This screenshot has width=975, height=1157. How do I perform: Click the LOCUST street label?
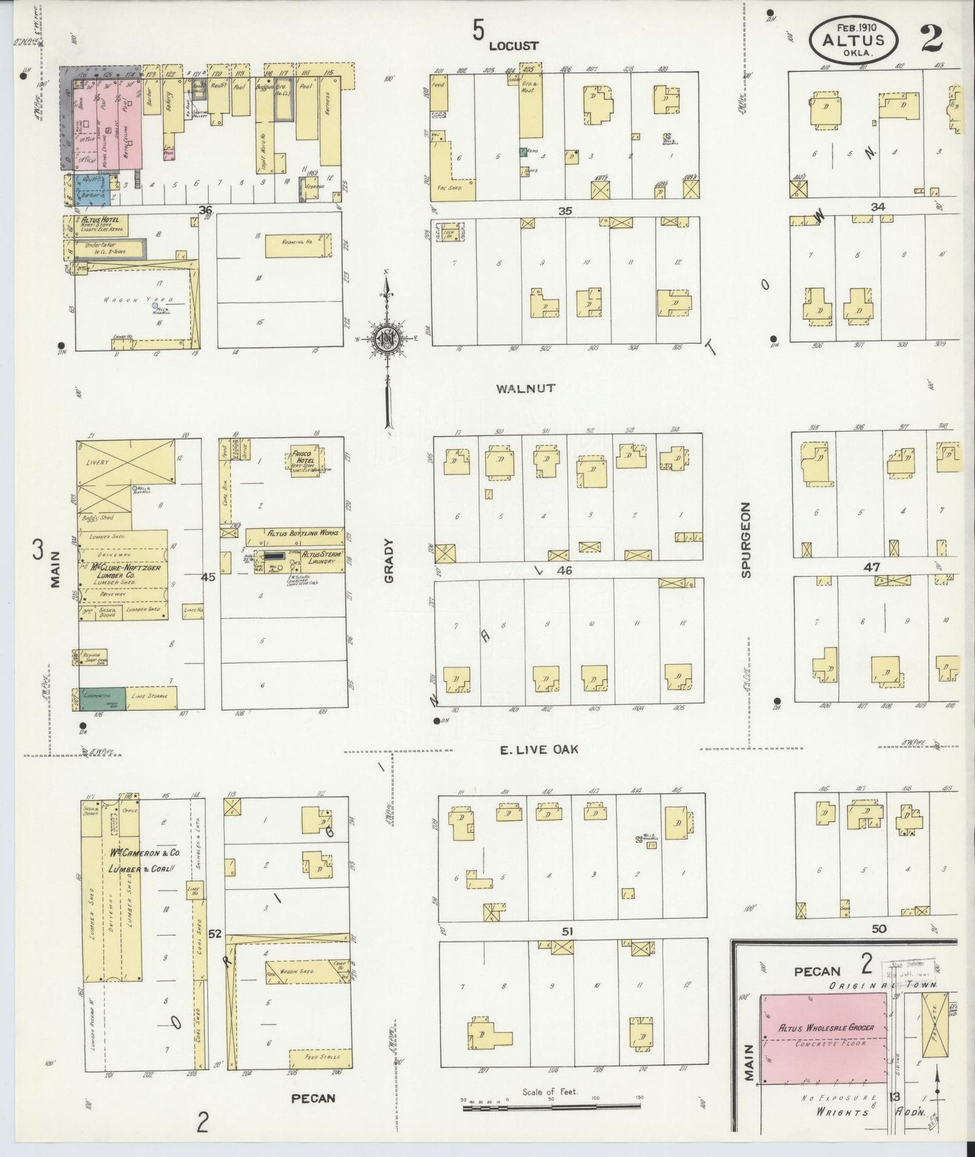(513, 46)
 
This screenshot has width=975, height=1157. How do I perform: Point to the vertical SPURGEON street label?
(746, 540)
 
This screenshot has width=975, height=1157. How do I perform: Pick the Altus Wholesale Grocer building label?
(826, 1027)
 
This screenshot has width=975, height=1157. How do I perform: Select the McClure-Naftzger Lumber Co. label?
(120, 572)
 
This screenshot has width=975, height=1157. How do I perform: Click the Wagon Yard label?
(122, 300)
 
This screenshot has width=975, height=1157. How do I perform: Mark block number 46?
(564, 570)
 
